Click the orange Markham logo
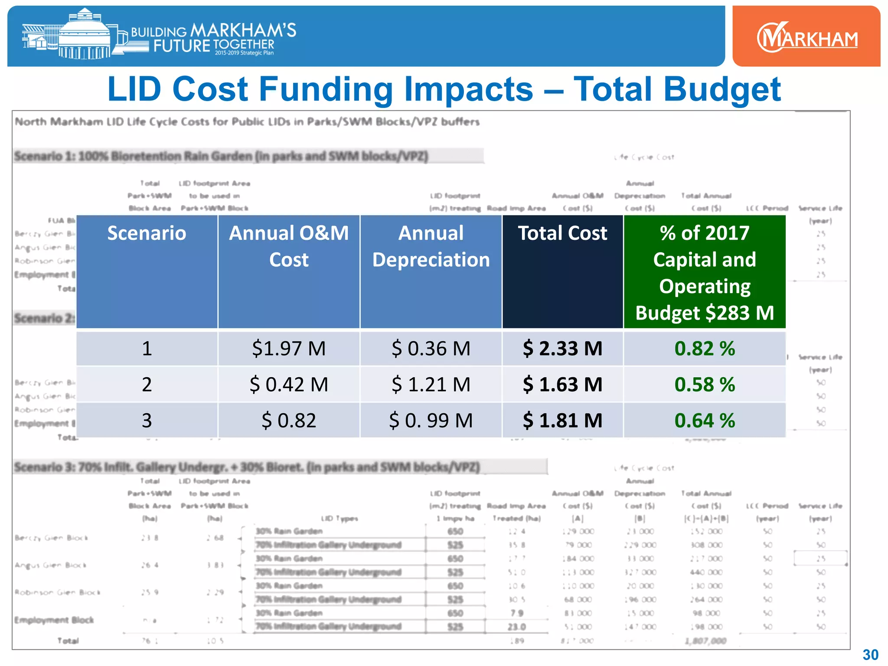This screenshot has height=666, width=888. tap(806, 38)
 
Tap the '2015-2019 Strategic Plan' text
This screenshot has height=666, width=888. tap(244, 53)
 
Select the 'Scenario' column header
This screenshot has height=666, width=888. tap(147, 233)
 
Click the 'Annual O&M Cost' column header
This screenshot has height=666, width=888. tap(289, 246)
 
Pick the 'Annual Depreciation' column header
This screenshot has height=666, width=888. tap(431, 246)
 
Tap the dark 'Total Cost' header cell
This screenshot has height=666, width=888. tap(562, 233)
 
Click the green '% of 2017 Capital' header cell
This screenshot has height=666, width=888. tap(705, 272)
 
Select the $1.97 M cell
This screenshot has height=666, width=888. tap(289, 349)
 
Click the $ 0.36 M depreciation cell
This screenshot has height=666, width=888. tap(431, 349)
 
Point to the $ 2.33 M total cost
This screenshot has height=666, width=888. tap(562, 349)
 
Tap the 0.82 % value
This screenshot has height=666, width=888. tap(705, 349)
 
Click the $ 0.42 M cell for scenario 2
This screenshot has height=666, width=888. tap(289, 385)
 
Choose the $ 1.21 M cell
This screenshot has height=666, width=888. tap(431, 385)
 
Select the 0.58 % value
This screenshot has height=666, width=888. tap(705, 385)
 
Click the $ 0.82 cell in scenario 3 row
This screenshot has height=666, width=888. tap(289, 421)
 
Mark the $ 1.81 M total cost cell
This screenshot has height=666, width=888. tap(562, 421)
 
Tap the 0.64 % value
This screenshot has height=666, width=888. tap(705, 421)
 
